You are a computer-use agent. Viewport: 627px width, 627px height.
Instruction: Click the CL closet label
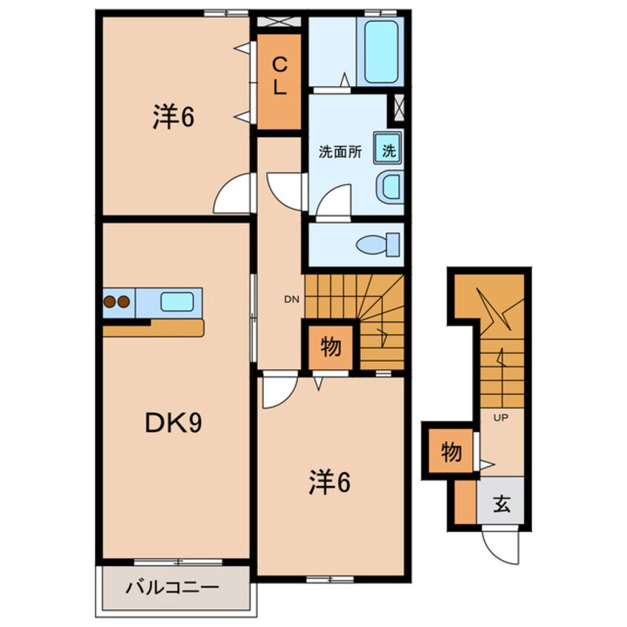tap(279, 77)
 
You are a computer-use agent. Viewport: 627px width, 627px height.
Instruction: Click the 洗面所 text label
tap(340, 153)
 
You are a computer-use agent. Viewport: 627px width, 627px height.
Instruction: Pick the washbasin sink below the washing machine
tap(390, 187)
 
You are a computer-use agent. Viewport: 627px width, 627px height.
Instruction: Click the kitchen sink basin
tap(177, 302)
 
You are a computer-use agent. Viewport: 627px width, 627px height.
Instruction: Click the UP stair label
tap(500, 418)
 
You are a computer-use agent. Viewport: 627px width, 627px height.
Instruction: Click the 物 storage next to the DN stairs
tap(331, 346)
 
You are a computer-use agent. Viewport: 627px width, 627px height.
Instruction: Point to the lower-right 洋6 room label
tap(329, 483)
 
